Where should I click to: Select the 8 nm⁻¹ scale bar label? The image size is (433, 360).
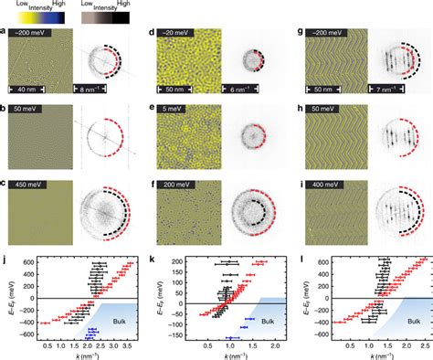91,89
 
